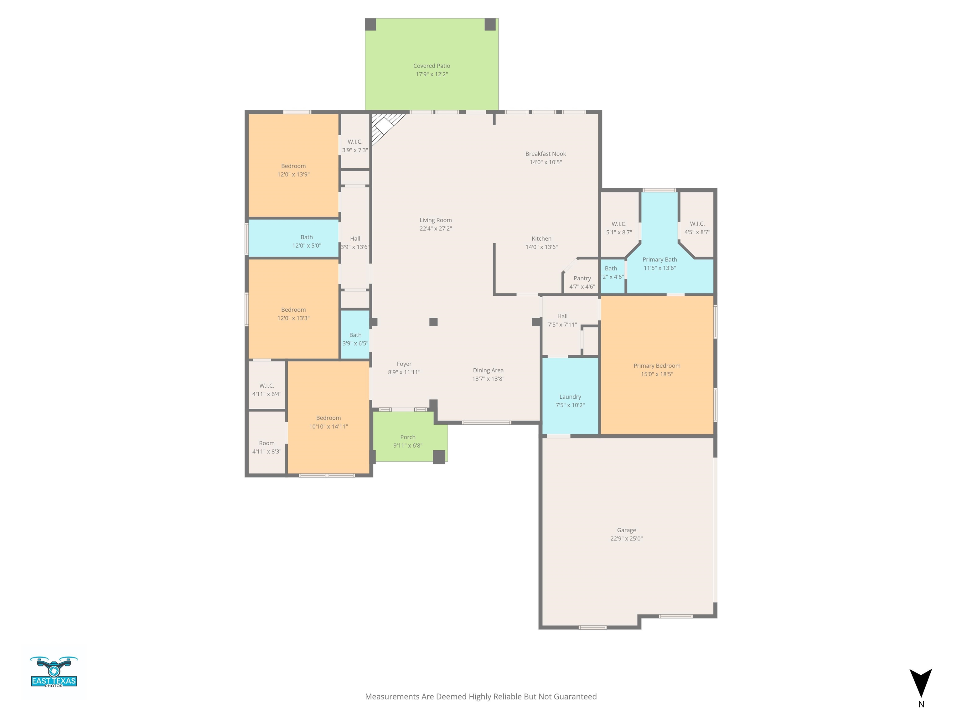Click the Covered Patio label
432,66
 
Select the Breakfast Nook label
546,154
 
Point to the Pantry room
582,277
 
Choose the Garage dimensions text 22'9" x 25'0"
626,539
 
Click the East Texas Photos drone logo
54,672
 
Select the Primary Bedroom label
657,366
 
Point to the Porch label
407,437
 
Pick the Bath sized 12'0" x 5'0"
293,238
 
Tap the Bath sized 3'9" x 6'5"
355,334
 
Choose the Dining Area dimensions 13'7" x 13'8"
488,379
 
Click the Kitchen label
541,238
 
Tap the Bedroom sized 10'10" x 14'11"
328,417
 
